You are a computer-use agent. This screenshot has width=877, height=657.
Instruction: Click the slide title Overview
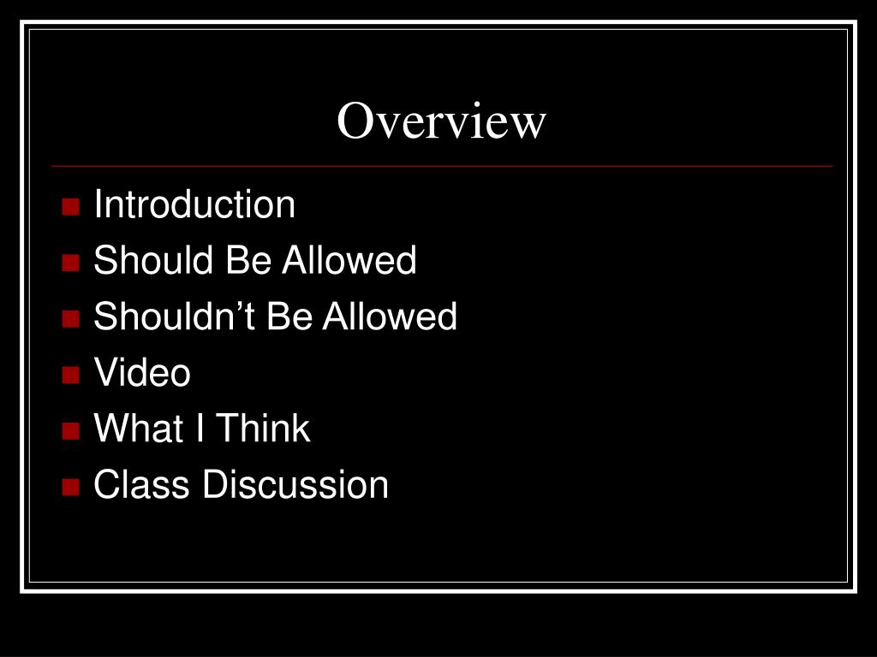click(440, 121)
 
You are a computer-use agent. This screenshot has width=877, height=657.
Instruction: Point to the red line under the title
click(440, 165)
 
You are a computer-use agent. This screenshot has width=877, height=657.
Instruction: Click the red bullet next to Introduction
click(71, 207)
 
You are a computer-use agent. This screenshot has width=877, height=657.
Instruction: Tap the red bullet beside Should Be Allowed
click(71, 263)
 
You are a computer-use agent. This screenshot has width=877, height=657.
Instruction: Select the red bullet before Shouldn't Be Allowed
click(71, 319)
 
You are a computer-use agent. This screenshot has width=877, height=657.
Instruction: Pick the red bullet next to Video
click(71, 375)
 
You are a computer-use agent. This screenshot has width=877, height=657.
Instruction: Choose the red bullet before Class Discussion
click(71, 487)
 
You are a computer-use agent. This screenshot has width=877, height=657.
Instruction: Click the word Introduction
click(194, 205)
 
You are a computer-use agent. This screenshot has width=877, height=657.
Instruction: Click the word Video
click(142, 373)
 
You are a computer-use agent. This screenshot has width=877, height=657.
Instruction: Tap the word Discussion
click(295, 485)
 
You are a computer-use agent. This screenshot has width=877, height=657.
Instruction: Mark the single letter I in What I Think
click(199, 429)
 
